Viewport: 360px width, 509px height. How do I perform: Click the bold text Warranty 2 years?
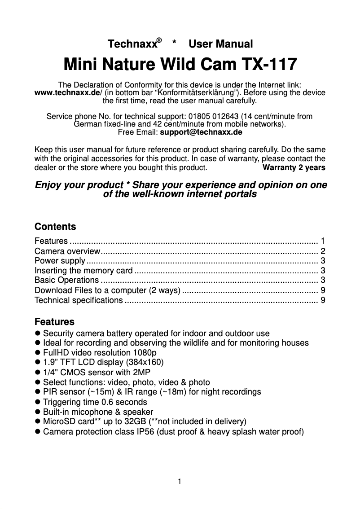point(294,168)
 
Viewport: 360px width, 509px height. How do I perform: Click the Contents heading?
point(55,227)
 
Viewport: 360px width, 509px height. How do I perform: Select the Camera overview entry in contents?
point(68,251)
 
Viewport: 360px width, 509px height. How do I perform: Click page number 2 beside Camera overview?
point(323,251)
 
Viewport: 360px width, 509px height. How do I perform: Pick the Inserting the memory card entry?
point(83,271)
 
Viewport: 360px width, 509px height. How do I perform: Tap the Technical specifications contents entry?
point(79,300)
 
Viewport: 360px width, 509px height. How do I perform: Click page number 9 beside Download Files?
point(323,290)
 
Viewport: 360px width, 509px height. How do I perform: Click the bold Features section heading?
point(54,322)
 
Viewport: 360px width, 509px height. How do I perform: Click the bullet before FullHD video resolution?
point(38,353)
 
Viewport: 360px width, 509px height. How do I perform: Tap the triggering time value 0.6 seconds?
point(124,402)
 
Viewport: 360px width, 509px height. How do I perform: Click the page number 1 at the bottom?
point(180,482)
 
